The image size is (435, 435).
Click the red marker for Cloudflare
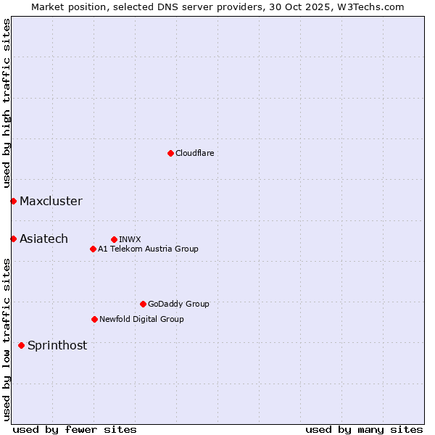[x=170, y=153]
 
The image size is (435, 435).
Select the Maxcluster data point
[x=13, y=201]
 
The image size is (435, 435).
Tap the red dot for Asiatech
[x=13, y=239]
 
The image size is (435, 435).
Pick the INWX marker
[x=114, y=239]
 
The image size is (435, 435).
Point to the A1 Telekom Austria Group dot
[x=93, y=249]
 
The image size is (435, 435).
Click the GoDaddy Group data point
[x=143, y=304]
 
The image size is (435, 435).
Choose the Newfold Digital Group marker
[x=94, y=319]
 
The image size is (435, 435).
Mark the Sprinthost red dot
[x=21, y=345]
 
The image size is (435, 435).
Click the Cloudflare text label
[x=195, y=153]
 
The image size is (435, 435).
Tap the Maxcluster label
[x=51, y=201]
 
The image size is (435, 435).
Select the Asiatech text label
[x=43, y=239]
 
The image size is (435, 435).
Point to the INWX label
[x=130, y=239]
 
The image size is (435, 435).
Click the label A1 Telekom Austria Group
[x=148, y=249]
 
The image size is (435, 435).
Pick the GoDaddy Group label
[x=178, y=304]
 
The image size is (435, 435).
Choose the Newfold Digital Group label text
[x=141, y=319]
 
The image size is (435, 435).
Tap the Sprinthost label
[x=57, y=345]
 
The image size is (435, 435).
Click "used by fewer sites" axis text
[x=75, y=429]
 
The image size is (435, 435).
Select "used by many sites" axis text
[x=364, y=429]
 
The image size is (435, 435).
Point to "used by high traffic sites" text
[x=7, y=104]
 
